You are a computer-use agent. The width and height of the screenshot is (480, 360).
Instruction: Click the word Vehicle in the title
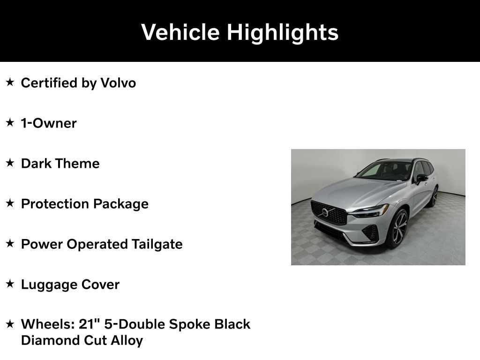tap(180, 32)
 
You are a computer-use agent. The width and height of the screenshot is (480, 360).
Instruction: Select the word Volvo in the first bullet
tap(118, 83)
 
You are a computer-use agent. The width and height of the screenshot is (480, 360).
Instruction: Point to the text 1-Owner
tap(49, 123)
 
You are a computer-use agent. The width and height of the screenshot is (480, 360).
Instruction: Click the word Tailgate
tap(157, 245)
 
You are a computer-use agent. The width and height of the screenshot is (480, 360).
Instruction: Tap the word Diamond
tap(51, 340)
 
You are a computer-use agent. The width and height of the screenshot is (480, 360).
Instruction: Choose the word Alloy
tap(127, 341)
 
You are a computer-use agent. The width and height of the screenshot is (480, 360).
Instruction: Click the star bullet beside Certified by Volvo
tap(10, 82)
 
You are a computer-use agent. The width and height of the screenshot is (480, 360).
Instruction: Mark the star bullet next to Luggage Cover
tap(10, 284)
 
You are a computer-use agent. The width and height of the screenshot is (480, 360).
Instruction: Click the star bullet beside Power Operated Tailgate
tap(10, 243)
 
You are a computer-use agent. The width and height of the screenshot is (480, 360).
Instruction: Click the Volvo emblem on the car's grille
tap(325, 212)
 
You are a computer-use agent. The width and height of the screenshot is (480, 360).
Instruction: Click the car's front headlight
tap(369, 211)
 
